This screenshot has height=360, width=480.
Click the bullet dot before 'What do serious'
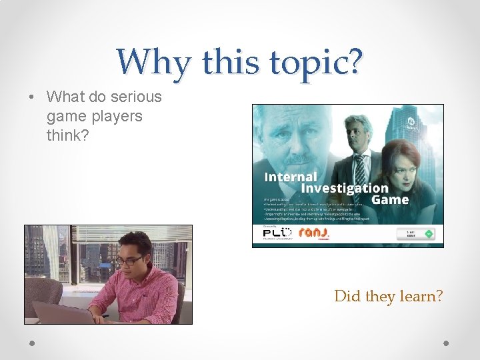pyautogui.click(x=32, y=97)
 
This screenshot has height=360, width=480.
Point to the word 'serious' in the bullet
pyautogui.click(x=136, y=97)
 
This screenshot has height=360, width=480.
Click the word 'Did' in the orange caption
pyautogui.click(x=348, y=295)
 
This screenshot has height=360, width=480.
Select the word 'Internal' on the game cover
pyautogui.click(x=291, y=177)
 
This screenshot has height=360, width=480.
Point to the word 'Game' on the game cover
pyautogui.click(x=390, y=199)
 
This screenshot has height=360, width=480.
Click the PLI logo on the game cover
pyautogui.click(x=277, y=232)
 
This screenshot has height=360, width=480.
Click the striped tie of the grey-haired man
pyautogui.click(x=360, y=167)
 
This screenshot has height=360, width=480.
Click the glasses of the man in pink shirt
pyautogui.click(x=131, y=260)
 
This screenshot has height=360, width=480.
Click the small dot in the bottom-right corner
pyautogui.click(x=446, y=343)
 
